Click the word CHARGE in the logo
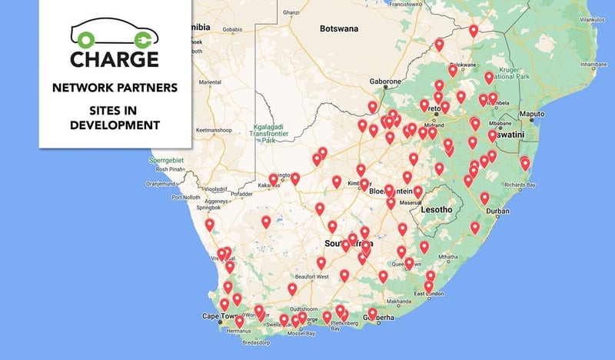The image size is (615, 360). [115, 58]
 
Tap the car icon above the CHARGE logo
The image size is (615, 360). [115, 34]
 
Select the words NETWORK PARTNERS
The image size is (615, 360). [115, 88]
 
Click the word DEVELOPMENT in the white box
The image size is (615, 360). [115, 125]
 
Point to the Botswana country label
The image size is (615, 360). [339, 29]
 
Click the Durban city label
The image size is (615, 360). [498, 210]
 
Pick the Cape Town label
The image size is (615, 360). [221, 316]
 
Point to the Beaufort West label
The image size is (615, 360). [312, 276]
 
